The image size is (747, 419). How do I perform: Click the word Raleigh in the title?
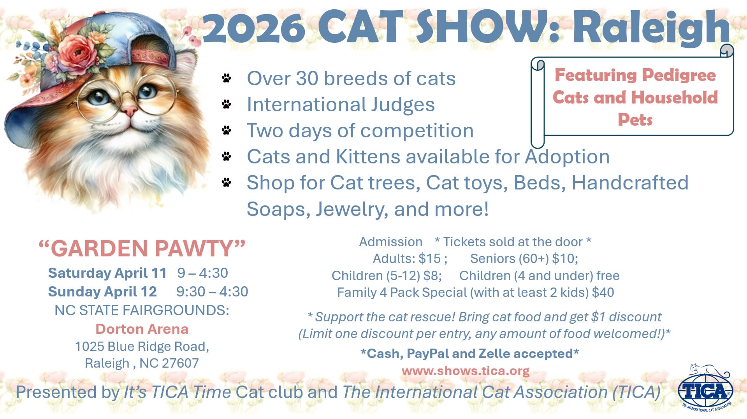651,28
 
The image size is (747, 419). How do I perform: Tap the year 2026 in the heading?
253,28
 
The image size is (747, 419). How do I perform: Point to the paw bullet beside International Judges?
226,104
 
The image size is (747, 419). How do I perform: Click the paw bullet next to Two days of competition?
226,130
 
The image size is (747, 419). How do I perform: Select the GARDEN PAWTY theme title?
142,249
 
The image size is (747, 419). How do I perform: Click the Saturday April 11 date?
107,273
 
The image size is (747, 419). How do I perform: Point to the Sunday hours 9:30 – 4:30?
212,292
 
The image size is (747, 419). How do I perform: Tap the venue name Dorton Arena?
142,329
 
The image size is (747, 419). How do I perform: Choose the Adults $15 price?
410,259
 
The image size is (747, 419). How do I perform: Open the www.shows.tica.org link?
466,371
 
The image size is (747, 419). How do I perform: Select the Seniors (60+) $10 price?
524,259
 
